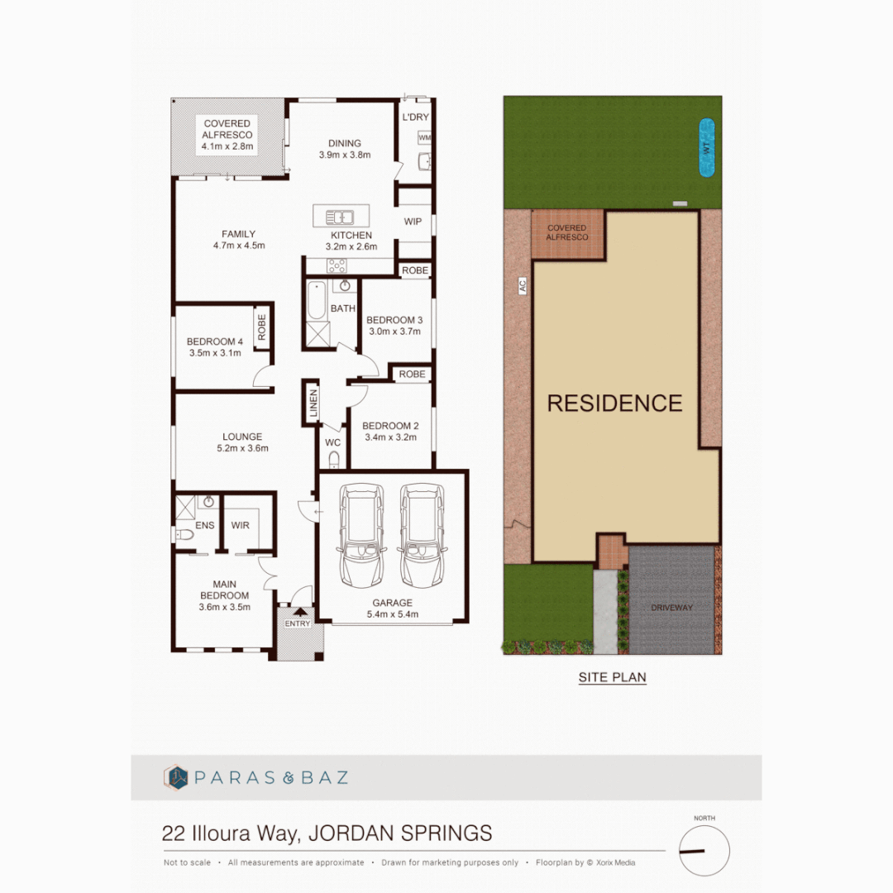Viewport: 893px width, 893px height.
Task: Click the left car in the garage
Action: (x=361, y=535)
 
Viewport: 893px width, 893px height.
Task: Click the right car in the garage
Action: (x=422, y=535)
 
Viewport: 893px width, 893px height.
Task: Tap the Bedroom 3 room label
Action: (x=394, y=320)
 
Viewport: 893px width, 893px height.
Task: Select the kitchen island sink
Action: (x=339, y=217)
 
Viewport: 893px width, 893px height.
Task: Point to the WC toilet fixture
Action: (x=333, y=461)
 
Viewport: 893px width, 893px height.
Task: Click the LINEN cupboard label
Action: (x=313, y=404)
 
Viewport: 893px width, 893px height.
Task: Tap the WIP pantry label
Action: (x=413, y=222)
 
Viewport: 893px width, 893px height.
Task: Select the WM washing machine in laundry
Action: (x=424, y=137)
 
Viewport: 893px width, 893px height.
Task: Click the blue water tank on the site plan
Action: (x=706, y=148)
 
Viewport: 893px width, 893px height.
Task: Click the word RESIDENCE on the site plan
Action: (x=614, y=404)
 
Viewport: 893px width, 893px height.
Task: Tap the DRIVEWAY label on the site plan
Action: (x=671, y=608)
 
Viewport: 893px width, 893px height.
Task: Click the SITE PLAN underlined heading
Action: (x=612, y=677)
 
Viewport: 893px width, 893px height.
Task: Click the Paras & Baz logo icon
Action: (x=176, y=777)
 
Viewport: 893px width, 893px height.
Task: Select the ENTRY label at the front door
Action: (x=297, y=623)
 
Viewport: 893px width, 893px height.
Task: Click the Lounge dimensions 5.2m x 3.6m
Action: (x=241, y=449)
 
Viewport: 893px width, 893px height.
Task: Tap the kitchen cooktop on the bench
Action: (x=338, y=265)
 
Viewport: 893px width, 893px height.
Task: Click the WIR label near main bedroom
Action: (x=241, y=525)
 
